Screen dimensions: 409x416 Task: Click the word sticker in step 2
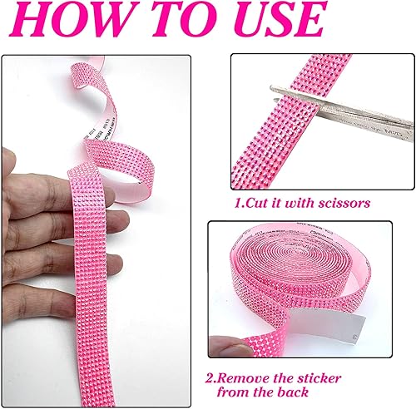point(363,375)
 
